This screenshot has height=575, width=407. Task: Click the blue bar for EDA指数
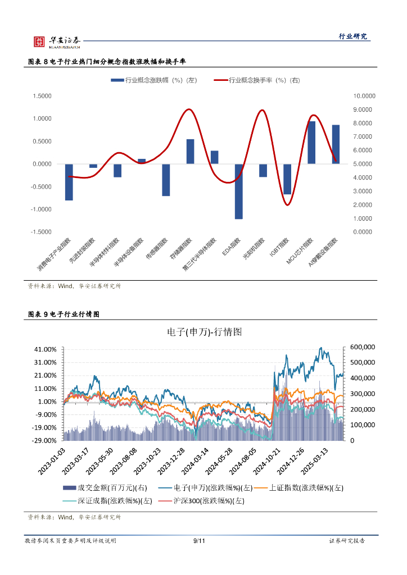coord(239,191)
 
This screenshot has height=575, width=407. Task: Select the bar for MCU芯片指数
coord(311,143)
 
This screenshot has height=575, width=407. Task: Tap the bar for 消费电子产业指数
coord(69,182)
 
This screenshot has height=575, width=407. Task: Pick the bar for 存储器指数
coord(190,152)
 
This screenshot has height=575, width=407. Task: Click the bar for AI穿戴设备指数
coord(336,144)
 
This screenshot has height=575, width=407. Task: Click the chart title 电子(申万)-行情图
coord(205,332)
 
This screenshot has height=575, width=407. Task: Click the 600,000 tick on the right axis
coord(363,348)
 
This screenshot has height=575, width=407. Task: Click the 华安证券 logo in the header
coord(57,42)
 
